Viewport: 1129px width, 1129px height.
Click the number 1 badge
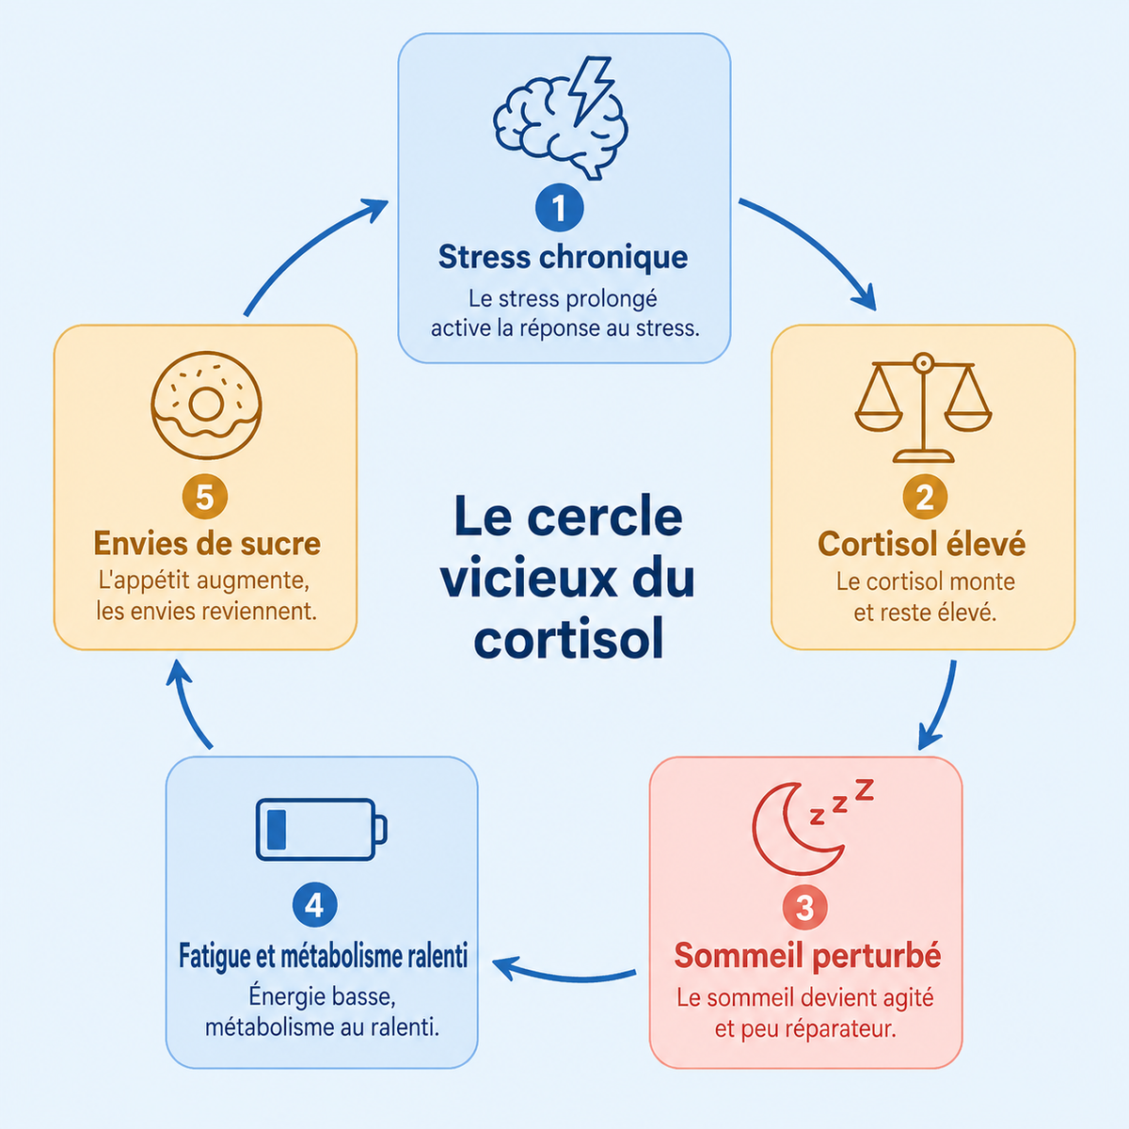[x=559, y=207]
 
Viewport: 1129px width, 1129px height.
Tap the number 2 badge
[x=925, y=497]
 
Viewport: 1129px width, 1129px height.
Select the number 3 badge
[x=805, y=908]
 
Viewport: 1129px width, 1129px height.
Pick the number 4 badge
[x=314, y=904]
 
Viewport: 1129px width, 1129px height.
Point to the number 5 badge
[x=204, y=497]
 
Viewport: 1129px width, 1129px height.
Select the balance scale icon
[x=923, y=407]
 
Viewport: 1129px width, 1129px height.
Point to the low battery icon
[x=321, y=829]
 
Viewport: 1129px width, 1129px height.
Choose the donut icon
[x=206, y=405]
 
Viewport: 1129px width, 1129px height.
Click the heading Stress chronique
[x=563, y=257]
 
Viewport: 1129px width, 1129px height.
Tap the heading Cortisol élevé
[x=922, y=543]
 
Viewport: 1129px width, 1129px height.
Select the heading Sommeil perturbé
[x=807, y=956]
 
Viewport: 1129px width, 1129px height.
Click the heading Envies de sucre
[x=207, y=543]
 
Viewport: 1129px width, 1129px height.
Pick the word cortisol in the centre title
[x=568, y=639]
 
